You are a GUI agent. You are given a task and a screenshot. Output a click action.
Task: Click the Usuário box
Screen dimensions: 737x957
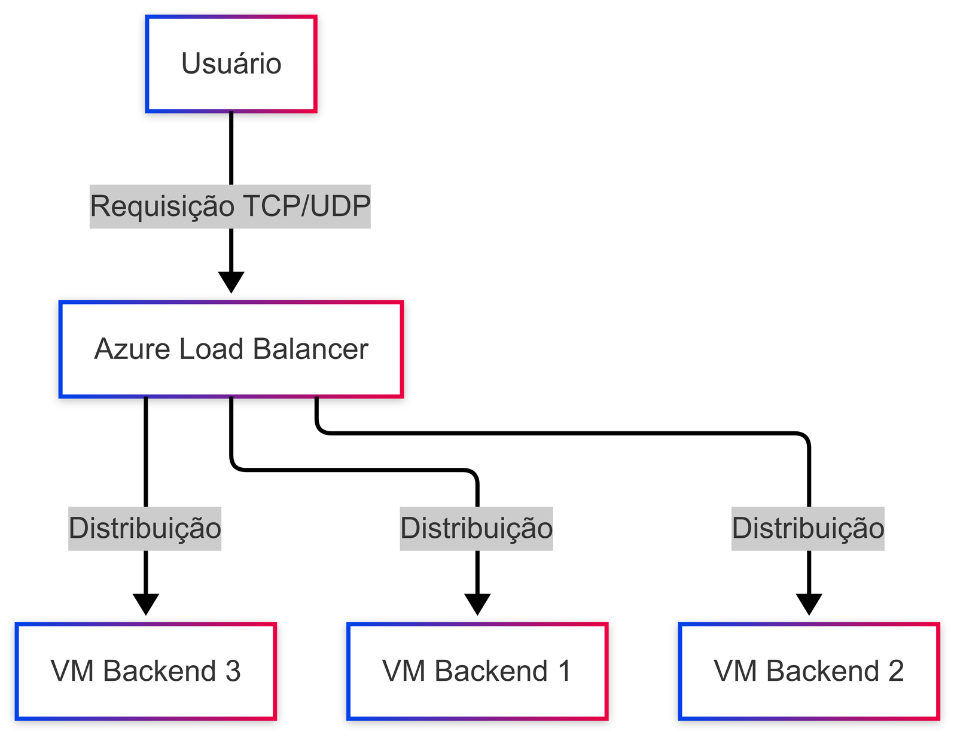tap(231, 64)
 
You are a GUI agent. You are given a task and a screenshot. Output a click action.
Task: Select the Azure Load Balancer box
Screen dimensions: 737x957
tap(231, 349)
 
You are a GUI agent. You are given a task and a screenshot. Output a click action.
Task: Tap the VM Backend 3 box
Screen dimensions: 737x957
tap(145, 671)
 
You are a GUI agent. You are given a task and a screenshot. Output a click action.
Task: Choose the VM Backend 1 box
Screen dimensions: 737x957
tap(477, 671)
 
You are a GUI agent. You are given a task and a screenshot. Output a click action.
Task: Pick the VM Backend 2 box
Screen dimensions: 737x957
tap(809, 671)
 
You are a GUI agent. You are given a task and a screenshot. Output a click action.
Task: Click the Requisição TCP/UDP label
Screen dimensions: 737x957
tap(230, 206)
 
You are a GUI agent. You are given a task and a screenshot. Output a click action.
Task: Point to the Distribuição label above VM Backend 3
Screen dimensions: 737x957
tap(145, 528)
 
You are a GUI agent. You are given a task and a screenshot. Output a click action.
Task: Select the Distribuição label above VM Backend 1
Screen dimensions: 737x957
tap(476, 528)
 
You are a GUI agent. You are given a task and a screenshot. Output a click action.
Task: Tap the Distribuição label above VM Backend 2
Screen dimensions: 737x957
tap(808, 528)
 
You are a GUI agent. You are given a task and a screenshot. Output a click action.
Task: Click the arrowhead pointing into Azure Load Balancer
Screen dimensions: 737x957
tap(231, 282)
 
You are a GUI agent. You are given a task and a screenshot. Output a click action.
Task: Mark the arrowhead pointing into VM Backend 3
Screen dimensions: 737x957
tap(145, 604)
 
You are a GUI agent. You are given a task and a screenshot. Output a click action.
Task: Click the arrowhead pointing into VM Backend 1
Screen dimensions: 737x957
tap(477, 604)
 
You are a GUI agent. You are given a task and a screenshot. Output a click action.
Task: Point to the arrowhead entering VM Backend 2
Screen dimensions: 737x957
tap(809, 604)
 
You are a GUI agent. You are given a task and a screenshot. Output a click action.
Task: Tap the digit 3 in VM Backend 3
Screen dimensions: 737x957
tap(233, 671)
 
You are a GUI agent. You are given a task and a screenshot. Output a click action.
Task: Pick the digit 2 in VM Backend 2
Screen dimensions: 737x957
tap(896, 671)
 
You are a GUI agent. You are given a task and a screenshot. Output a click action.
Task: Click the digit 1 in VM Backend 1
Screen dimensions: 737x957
tap(564, 671)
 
